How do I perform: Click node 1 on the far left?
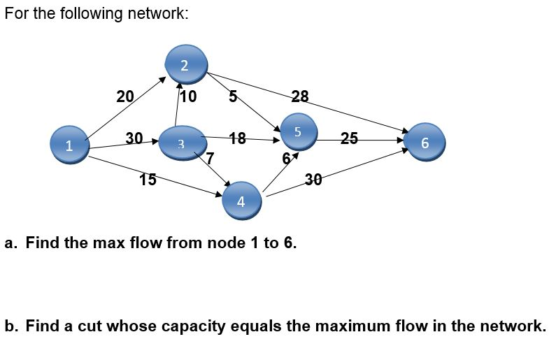69,145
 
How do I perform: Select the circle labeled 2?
184,64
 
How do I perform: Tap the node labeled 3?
180,143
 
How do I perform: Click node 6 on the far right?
425,142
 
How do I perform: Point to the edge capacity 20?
124,96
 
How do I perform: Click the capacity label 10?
189,96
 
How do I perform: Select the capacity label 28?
299,96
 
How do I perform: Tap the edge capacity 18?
238,138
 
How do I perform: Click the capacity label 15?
148,179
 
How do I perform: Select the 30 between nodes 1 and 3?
134,137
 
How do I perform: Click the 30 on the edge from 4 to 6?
313,180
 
